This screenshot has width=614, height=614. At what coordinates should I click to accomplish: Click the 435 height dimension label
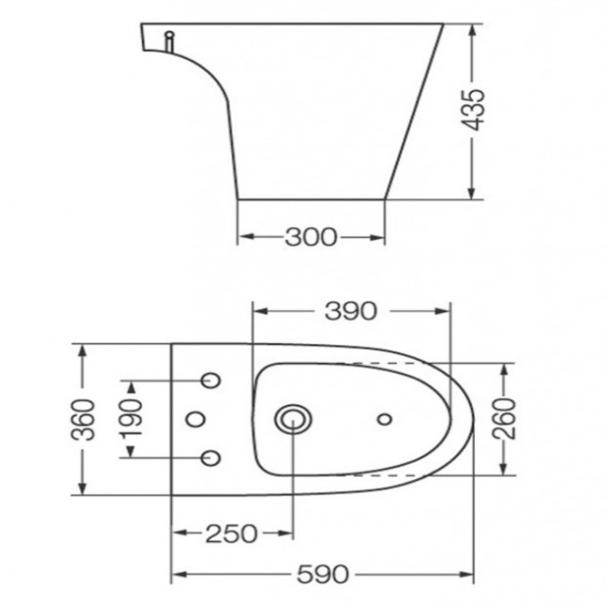477,110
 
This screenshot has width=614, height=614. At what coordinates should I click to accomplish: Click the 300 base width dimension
311,238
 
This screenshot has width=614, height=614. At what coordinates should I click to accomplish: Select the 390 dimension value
351,311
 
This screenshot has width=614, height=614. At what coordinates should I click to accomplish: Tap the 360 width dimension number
87,419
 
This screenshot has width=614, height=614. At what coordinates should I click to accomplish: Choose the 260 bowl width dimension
504,419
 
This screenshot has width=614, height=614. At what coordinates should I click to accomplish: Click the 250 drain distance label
231,533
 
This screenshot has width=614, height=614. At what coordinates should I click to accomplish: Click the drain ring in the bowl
292,419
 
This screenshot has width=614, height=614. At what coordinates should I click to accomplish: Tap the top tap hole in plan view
210,381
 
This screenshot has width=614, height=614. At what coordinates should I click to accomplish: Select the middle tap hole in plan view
196,419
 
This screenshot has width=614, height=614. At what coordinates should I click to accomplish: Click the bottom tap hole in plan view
210,458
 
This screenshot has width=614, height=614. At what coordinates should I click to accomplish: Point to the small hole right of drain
385,419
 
